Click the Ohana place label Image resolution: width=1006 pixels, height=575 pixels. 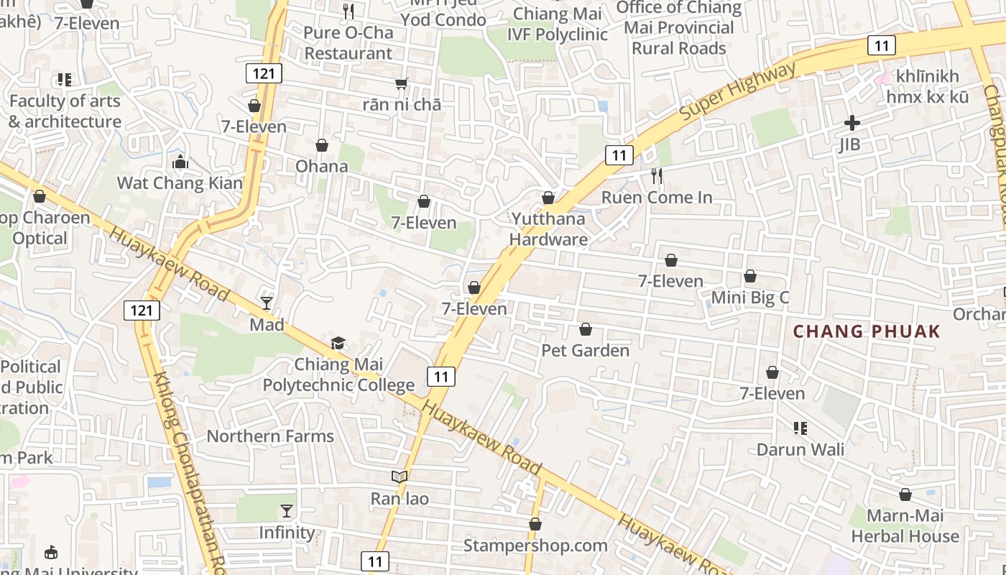(x=322, y=166)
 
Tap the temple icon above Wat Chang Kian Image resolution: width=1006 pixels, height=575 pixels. (x=180, y=162)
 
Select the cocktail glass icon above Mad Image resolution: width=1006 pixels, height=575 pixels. (x=267, y=303)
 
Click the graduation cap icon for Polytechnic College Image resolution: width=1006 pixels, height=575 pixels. (x=338, y=343)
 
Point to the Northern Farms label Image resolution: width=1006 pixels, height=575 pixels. (x=270, y=436)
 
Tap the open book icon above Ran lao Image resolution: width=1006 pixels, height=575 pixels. (x=400, y=477)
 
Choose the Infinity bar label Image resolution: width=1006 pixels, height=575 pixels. (x=287, y=533)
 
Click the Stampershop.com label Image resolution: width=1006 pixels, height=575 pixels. (x=535, y=546)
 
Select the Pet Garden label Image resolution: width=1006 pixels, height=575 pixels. (x=585, y=351)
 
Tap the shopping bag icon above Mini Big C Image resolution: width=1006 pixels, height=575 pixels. (x=750, y=276)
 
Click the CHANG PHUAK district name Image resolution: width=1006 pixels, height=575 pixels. (x=867, y=331)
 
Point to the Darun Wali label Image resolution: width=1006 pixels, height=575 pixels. (x=800, y=450)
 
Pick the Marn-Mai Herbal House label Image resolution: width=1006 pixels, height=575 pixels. (x=905, y=526)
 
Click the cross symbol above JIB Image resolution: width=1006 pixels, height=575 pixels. (x=852, y=123)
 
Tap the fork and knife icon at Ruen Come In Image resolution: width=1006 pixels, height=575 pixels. (x=656, y=176)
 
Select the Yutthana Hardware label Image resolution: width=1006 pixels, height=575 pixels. (x=549, y=229)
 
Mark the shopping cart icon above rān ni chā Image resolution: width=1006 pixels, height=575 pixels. (x=402, y=84)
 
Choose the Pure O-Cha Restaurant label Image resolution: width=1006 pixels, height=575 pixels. (x=349, y=43)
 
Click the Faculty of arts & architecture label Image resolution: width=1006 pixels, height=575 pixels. (x=65, y=111)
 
